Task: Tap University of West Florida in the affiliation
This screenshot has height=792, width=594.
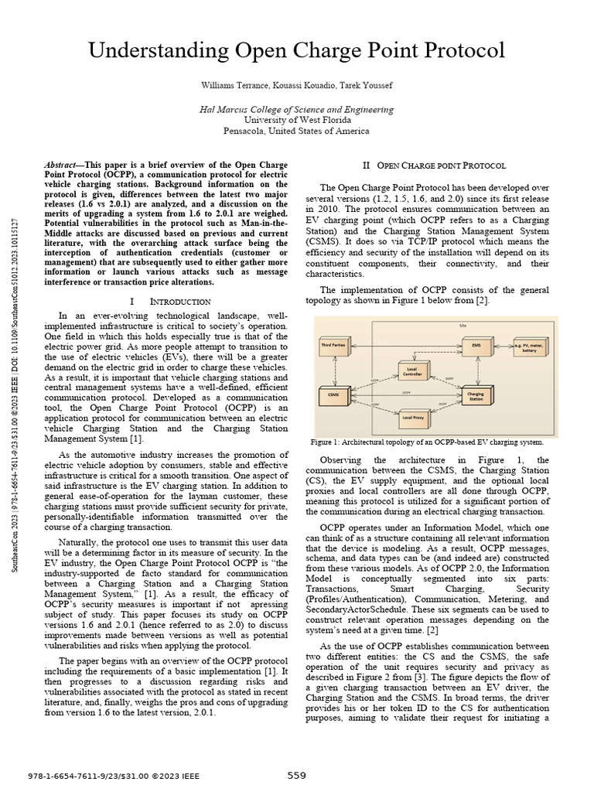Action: pos(297,120)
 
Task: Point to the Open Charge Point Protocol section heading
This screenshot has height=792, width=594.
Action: pos(435,166)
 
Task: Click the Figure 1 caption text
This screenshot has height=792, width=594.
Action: pos(426,442)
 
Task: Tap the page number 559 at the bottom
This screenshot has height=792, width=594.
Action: pos(297,776)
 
